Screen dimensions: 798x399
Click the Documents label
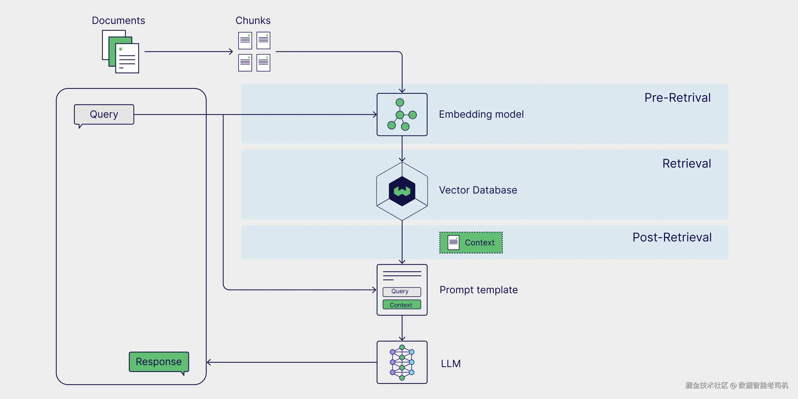(x=118, y=21)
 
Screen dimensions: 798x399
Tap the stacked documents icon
(x=121, y=51)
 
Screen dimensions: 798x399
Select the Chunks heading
(x=253, y=21)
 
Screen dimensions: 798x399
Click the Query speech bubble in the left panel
(x=104, y=115)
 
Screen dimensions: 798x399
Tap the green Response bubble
(x=159, y=362)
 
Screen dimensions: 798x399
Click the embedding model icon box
(x=402, y=114)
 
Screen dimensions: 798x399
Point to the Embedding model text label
(x=481, y=114)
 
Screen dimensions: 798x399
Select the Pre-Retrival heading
(x=677, y=97)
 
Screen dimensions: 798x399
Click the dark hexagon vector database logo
(x=402, y=191)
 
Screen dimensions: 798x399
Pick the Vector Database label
(x=478, y=190)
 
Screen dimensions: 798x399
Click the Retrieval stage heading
(x=687, y=163)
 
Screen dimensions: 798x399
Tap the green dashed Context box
(x=471, y=243)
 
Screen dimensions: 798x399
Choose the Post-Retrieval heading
(x=672, y=237)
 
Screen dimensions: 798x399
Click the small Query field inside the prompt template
(x=402, y=292)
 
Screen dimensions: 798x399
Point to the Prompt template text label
(x=479, y=290)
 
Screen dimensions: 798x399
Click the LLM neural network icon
(x=402, y=363)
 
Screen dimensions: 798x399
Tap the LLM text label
(x=451, y=363)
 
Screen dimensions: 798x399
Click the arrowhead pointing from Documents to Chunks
(x=231, y=51)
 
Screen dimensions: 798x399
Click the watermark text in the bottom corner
(x=737, y=385)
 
